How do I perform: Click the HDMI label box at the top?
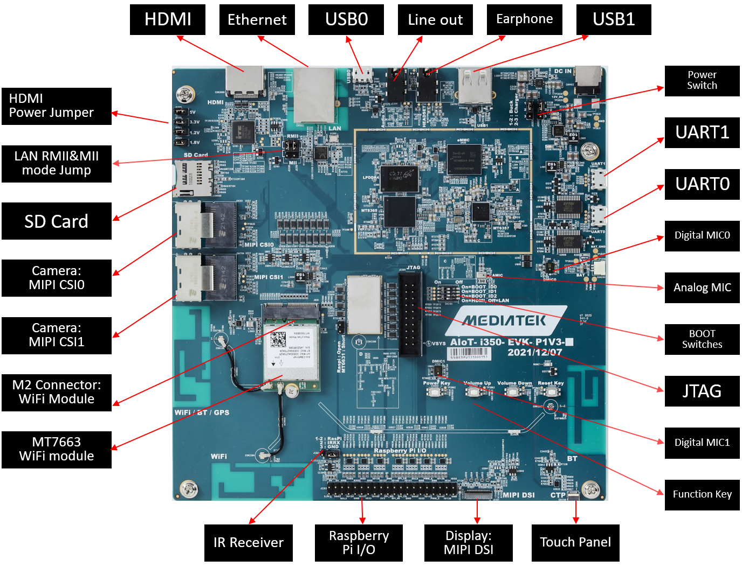[168, 20]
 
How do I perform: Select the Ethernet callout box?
[257, 20]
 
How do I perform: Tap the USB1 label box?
[614, 20]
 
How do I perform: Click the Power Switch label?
[702, 81]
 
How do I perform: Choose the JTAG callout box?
[702, 391]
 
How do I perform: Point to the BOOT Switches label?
[702, 339]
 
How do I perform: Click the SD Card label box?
[57, 221]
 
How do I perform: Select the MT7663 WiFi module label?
[57, 450]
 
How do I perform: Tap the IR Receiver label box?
[249, 543]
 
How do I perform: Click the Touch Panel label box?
[575, 543]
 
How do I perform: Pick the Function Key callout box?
[702, 494]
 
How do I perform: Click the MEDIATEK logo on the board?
[505, 320]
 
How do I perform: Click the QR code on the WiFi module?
[278, 340]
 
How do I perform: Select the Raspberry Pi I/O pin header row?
[392, 489]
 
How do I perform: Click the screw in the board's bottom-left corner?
[188, 489]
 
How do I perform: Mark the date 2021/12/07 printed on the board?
[534, 352]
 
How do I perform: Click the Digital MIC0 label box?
[702, 236]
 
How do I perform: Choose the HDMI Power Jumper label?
[57, 106]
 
